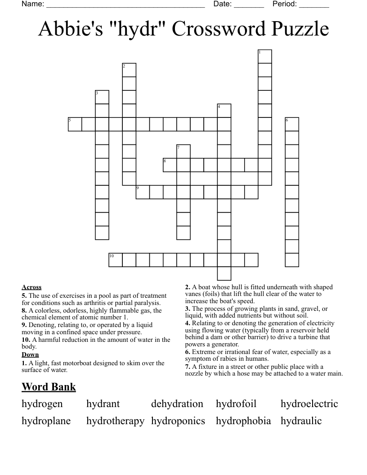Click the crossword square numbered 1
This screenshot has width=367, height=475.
point(265,57)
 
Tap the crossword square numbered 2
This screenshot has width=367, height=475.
point(130,70)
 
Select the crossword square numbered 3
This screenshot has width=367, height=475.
point(102,97)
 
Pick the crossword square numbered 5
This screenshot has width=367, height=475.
point(75,124)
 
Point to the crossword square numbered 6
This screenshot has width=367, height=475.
point(292,124)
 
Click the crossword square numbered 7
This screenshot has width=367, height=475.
point(183,151)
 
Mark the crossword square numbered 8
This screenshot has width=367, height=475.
point(170,165)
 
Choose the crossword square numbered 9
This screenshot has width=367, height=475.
point(143,192)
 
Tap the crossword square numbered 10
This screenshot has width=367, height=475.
point(116,260)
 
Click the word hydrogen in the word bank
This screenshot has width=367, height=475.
point(42,404)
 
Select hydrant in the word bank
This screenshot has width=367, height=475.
point(103,404)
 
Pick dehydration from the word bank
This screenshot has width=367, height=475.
point(177,404)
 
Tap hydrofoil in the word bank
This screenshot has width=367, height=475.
point(236,404)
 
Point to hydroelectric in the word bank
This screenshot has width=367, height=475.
point(309,404)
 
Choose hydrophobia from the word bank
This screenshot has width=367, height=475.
point(243,421)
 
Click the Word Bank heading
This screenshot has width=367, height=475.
point(49,387)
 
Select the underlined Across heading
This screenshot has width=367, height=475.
point(31,287)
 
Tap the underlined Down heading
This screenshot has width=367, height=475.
point(30,354)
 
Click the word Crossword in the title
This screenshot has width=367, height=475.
point(213,29)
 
